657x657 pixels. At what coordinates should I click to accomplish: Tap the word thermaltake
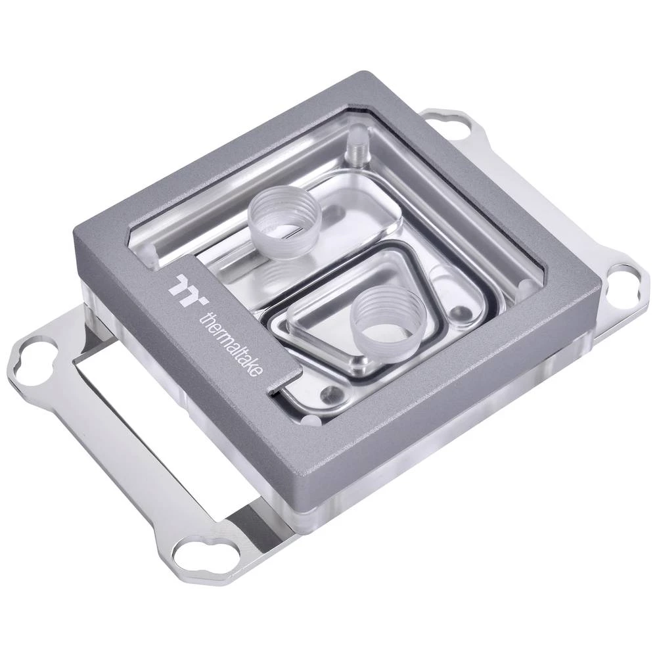[230, 343]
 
